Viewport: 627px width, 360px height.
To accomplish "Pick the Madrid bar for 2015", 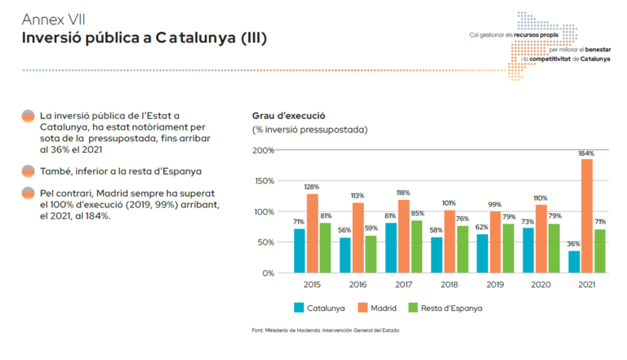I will (x=312, y=233).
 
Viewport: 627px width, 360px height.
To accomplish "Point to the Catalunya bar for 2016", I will (x=345, y=255).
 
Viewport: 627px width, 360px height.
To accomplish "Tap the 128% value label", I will (x=312, y=187).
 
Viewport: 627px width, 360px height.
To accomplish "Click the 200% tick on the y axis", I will (x=263, y=150).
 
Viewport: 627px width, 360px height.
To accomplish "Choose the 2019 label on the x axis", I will (x=495, y=285).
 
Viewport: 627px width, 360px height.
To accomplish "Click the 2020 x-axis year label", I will (x=540, y=285).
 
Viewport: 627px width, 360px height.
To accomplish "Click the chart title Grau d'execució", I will (x=288, y=115).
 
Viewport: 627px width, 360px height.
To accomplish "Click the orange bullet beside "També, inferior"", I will (x=28, y=171).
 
